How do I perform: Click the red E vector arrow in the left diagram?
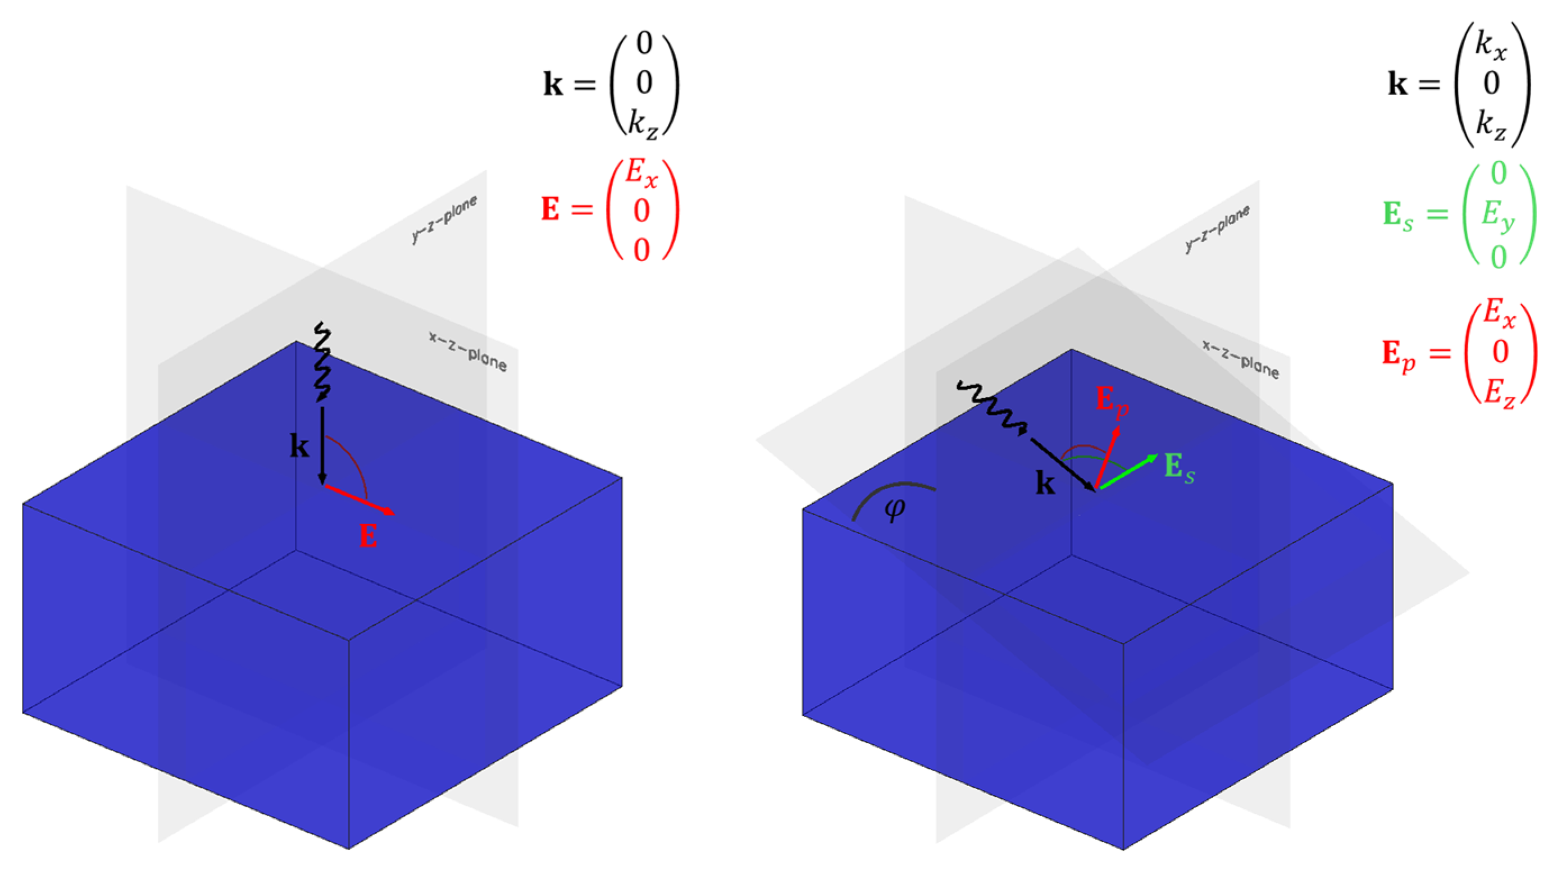(x=359, y=499)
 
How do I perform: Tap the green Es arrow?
(x=1128, y=472)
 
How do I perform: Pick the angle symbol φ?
(x=895, y=508)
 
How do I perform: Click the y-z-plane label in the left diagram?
(x=444, y=219)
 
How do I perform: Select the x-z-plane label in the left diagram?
(x=468, y=351)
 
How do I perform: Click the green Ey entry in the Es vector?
(x=1499, y=215)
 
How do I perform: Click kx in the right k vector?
(x=1491, y=46)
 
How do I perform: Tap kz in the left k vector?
(x=643, y=125)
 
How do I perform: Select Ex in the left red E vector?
(x=641, y=172)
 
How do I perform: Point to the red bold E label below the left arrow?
(x=368, y=536)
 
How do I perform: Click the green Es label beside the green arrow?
(x=1179, y=468)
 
